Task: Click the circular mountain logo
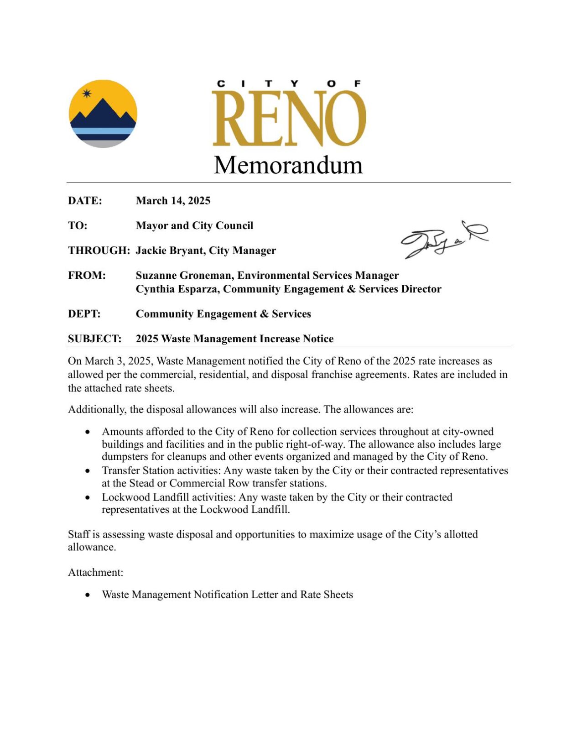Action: tap(103, 114)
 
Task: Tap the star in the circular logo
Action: tap(87, 94)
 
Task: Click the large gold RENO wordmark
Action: tap(289, 118)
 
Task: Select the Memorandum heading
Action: tap(288, 165)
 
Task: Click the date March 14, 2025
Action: tap(173, 201)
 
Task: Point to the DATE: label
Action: tap(85, 201)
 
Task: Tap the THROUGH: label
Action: tap(99, 251)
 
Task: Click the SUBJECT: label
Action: tap(94, 339)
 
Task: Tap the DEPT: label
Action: tap(84, 314)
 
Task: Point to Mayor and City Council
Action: tap(194, 226)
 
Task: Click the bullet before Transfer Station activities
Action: tap(88, 471)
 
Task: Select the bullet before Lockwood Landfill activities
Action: tap(88, 497)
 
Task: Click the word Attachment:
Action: tap(95, 572)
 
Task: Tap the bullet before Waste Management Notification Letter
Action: tap(88, 595)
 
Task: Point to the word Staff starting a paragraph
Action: tap(78, 534)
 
